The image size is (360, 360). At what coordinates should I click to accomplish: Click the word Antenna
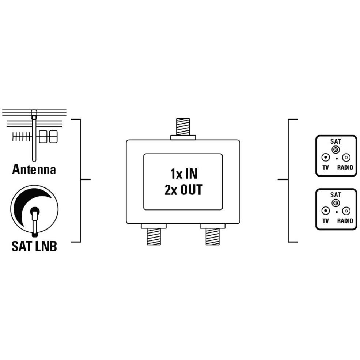[x=34, y=170]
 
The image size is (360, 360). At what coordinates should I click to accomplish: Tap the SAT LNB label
[x=34, y=246]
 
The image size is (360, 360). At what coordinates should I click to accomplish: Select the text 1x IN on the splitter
[x=183, y=174]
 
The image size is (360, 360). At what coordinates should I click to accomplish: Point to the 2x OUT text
[x=183, y=190]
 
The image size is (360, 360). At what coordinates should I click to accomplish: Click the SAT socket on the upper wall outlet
[x=336, y=150]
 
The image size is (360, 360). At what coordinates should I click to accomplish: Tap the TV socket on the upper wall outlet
[x=326, y=158]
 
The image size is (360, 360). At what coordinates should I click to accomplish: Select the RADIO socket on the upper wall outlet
[x=346, y=158]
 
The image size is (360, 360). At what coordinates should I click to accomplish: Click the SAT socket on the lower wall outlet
[x=336, y=203]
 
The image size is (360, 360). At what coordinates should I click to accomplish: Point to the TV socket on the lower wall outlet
[x=326, y=211]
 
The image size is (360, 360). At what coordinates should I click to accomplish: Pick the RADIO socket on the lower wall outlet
[x=346, y=211]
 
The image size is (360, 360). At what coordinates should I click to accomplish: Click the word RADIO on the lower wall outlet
[x=345, y=221]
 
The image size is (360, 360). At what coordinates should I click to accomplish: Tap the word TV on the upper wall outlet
[x=326, y=168]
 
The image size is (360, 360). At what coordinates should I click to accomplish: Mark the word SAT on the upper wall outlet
[x=336, y=141]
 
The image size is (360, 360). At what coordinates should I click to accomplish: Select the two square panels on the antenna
[x=48, y=137]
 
